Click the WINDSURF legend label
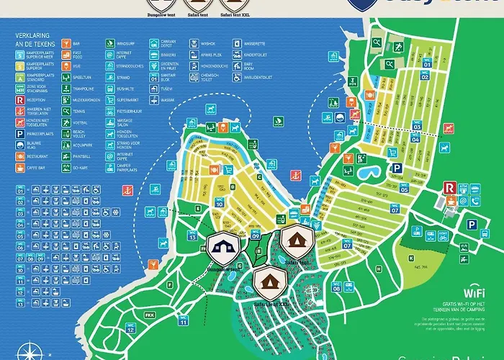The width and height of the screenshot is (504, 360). (x=126, y=43)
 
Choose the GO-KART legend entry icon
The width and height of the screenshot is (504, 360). (x=66, y=166)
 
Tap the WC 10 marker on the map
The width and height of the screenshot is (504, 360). (x=219, y=202)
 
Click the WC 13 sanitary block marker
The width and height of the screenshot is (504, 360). (x=192, y=235)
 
